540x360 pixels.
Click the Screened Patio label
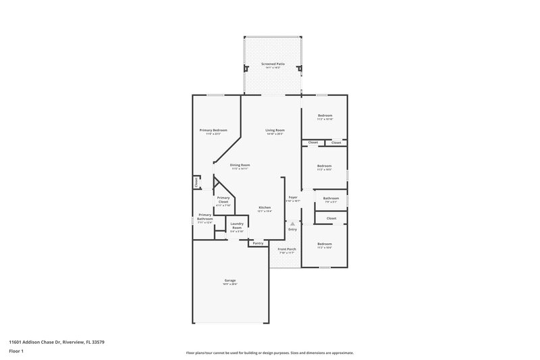pos(273,63)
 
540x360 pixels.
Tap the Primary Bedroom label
pos(213,130)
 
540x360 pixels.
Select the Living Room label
pos(275,130)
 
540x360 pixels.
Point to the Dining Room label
pos(240,165)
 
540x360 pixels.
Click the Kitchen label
pos(265,207)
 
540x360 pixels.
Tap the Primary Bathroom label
pos(205,217)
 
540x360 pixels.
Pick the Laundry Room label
pos(236,226)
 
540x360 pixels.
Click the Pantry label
pos(258,243)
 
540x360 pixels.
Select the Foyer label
pos(293,197)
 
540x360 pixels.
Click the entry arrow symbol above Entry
pos(292,224)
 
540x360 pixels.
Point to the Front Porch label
pos(287,249)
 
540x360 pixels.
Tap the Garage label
pos(230,280)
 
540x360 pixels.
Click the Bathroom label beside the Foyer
pos(331,198)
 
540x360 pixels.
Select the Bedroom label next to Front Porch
pos(325,243)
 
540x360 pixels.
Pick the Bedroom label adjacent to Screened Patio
pos(325,115)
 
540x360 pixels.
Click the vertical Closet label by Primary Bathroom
pos(196,182)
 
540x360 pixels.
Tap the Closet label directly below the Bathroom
pos(331,218)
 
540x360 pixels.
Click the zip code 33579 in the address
pos(97,342)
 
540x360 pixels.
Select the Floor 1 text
pos(17,351)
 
